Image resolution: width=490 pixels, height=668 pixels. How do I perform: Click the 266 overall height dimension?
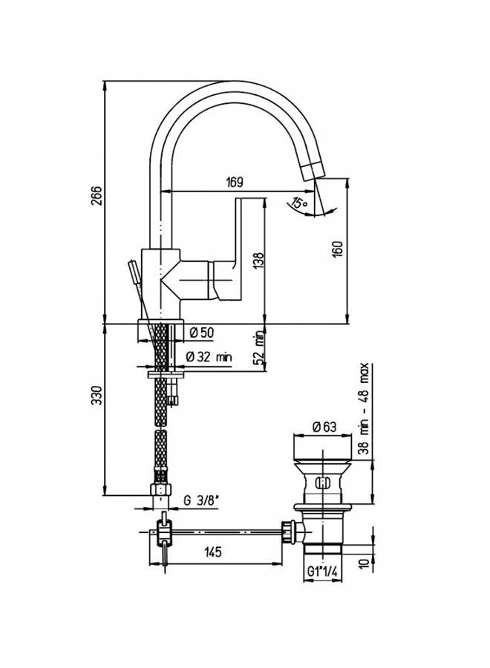pos(97,195)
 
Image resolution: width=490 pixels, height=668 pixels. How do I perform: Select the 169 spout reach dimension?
pos(235,183)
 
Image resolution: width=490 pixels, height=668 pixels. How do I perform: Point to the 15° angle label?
pos(300,202)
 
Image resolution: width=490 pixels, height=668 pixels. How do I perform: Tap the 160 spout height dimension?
pos(338,249)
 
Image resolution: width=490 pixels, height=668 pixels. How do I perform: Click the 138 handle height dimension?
pos(258,261)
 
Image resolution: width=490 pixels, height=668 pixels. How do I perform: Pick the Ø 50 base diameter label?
pos(201,333)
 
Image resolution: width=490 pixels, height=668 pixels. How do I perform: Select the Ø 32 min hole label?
pos(209,356)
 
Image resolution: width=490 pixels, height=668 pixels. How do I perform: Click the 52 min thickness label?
pos(258,348)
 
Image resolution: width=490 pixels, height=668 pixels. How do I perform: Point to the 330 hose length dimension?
pos(97,396)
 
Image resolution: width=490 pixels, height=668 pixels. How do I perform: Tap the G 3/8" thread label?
pos(201,501)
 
